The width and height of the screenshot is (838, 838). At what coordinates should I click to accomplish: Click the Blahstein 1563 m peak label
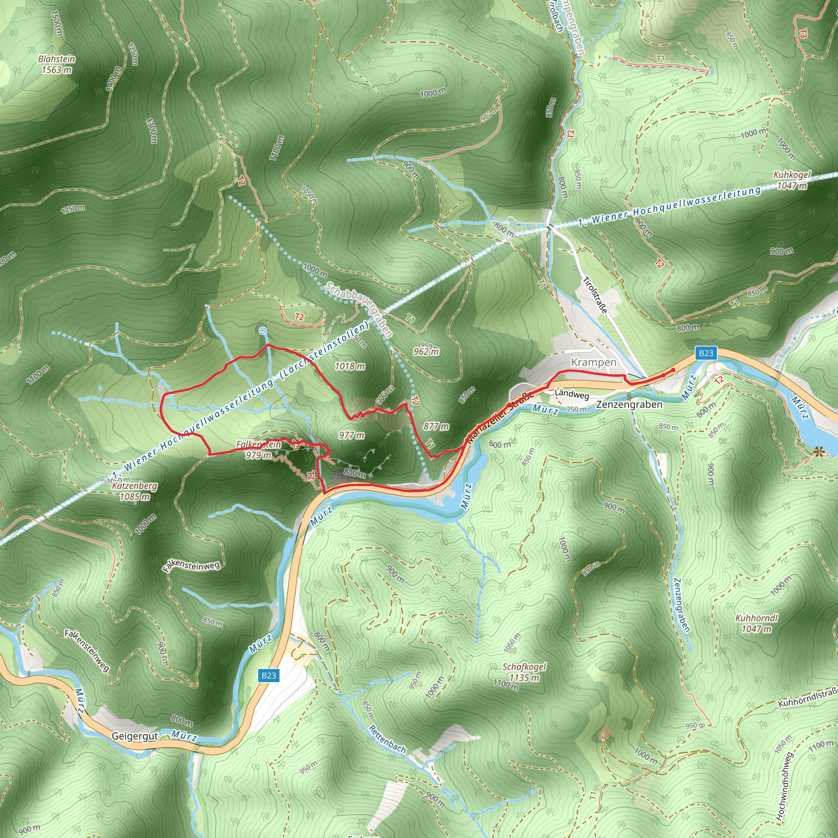tap(56, 64)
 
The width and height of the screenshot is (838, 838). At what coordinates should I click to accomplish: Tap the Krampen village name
tap(593, 362)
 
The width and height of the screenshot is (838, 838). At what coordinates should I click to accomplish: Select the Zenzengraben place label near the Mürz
tap(629, 405)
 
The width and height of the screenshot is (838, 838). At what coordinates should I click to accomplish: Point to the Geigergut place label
tap(135, 736)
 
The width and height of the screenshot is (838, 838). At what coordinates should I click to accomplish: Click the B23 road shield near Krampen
tap(706, 353)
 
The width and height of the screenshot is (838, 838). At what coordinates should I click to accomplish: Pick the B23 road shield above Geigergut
tap(268, 675)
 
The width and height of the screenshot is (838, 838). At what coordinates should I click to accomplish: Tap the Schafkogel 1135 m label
tap(524, 672)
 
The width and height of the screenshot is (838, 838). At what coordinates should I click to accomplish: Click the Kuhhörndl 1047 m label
tap(757, 623)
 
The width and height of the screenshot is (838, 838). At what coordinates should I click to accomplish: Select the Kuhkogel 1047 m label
tap(792, 180)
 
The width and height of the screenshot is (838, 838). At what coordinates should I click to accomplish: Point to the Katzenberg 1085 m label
tap(135, 491)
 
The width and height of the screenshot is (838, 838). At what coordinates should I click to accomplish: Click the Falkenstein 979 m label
tap(259, 450)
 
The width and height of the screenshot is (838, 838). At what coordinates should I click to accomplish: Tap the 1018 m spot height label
tap(349, 367)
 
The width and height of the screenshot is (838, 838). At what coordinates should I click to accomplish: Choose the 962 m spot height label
tap(426, 351)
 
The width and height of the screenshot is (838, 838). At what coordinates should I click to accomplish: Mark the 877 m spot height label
tap(436, 426)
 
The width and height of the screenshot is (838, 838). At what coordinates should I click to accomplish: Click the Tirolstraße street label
tap(595, 295)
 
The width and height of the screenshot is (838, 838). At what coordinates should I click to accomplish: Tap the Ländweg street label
tap(572, 394)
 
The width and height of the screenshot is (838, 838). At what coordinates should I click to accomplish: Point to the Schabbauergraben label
tap(359, 309)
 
